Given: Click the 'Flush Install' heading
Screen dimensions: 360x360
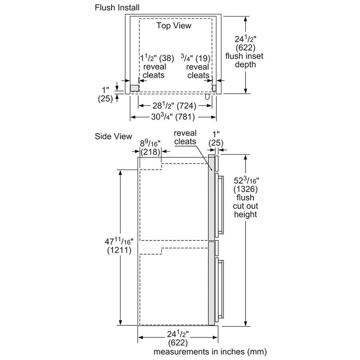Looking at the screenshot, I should click(117, 8).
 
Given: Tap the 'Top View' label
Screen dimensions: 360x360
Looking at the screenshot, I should click(174, 26).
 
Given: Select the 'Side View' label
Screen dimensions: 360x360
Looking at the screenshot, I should click(113, 136).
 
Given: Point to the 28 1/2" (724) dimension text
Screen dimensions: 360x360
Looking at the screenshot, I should click(173, 106).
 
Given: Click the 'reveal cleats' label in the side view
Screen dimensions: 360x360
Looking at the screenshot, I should click(185, 137).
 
